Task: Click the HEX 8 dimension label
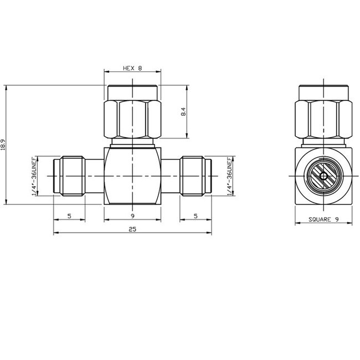pos(132,69)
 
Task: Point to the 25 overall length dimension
pos(132,229)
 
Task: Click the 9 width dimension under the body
pos(132,216)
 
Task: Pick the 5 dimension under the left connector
pos(69,216)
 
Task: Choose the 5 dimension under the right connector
pos(196,216)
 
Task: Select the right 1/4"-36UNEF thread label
pos(230,176)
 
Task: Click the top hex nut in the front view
pos(133,116)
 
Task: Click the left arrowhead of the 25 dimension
pos(55,234)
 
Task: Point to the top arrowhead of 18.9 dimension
pos(5,86)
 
